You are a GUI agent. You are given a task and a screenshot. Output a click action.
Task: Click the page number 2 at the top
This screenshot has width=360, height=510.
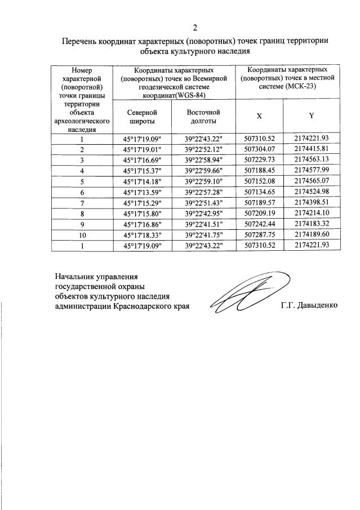[x=195, y=28]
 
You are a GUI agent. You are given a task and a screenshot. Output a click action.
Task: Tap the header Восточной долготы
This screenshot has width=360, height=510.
[x=203, y=116]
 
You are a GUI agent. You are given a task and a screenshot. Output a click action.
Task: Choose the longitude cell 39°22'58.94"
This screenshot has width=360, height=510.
[x=203, y=159]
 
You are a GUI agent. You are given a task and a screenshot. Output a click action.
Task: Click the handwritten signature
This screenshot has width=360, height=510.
[x=248, y=293]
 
